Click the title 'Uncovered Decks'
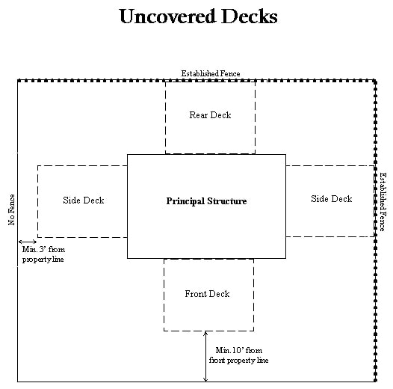[x=198, y=16]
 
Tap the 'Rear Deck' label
[x=210, y=115]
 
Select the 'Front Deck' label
[x=207, y=294]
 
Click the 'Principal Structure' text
[x=206, y=201]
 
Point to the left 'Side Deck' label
[x=83, y=200]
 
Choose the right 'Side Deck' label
[x=331, y=198]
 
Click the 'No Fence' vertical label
[x=12, y=210]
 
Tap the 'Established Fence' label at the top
[x=211, y=73]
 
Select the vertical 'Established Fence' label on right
[x=383, y=201]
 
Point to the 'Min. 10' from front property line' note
[x=241, y=355]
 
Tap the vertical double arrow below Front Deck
[x=205, y=356]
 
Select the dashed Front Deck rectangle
[x=208, y=314]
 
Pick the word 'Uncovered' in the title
[x=164, y=16]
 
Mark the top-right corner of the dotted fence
[x=375, y=80]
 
